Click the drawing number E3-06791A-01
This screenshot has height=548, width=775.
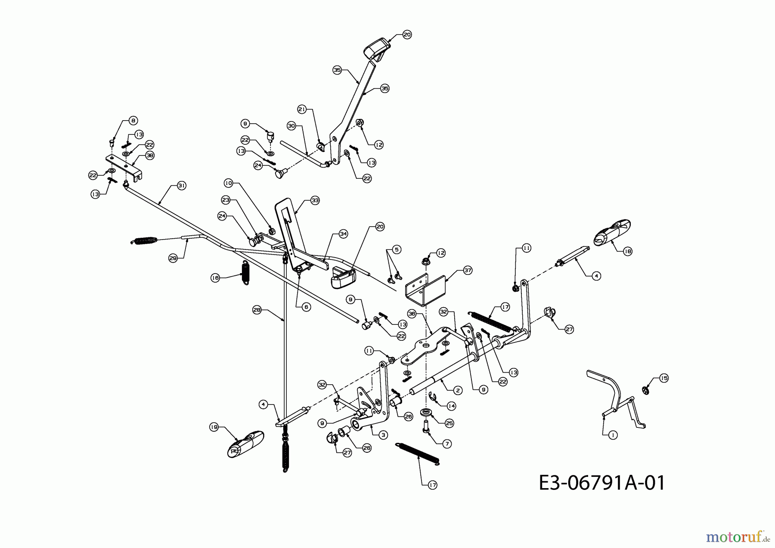(x=601, y=483)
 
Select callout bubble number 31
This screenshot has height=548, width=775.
(x=181, y=186)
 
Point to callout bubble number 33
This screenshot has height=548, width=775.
(x=315, y=200)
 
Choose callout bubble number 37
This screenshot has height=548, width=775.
(x=468, y=271)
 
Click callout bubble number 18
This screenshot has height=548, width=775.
(x=627, y=251)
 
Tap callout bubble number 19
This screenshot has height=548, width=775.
(x=214, y=427)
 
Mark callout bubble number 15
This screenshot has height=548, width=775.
(x=664, y=378)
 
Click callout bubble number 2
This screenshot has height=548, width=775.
(x=458, y=390)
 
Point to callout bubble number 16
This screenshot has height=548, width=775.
(x=215, y=278)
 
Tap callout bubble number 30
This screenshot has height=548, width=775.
(x=291, y=126)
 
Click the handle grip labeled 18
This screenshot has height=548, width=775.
(x=612, y=232)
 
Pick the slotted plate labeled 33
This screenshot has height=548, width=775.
(x=291, y=233)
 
